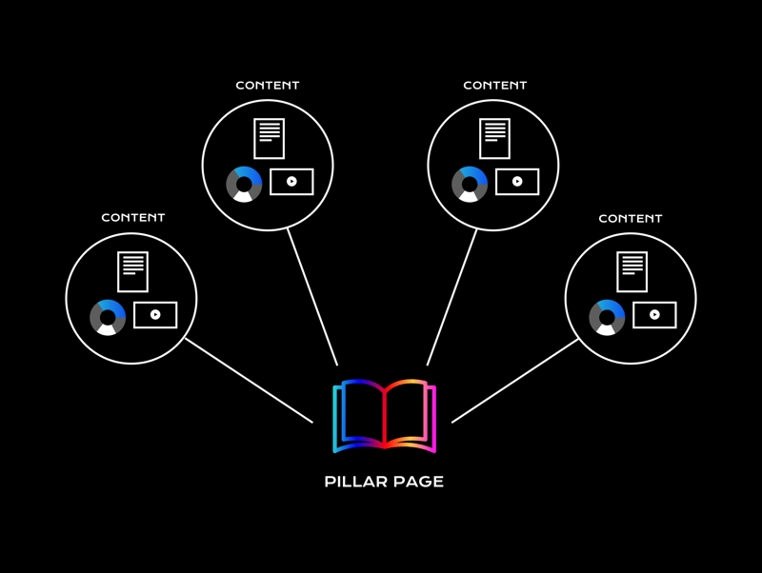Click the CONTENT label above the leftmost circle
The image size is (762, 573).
tap(133, 218)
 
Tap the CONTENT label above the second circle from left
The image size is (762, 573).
tap(268, 86)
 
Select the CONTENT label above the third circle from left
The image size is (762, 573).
tap(495, 86)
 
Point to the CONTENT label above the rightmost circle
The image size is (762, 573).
tap(631, 219)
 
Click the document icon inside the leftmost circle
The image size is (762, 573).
tap(133, 271)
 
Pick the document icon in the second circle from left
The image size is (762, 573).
tap(270, 138)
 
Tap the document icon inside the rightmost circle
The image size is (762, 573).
tap(632, 271)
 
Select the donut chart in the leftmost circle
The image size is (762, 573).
tap(108, 317)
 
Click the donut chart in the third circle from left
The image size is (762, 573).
tap(470, 184)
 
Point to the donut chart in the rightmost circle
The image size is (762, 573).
tap(607, 317)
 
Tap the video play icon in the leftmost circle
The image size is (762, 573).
tap(155, 314)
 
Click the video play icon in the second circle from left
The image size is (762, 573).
tap(291, 181)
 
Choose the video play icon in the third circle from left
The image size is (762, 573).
tap(517, 181)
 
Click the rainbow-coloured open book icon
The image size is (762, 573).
tap(384, 415)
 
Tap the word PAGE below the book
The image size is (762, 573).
tap(420, 482)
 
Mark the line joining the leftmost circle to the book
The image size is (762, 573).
tap(249, 380)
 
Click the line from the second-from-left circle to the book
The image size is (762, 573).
tap(312, 297)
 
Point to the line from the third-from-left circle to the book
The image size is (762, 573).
tap(451, 297)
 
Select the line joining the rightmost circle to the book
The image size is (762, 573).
tap(515, 381)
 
